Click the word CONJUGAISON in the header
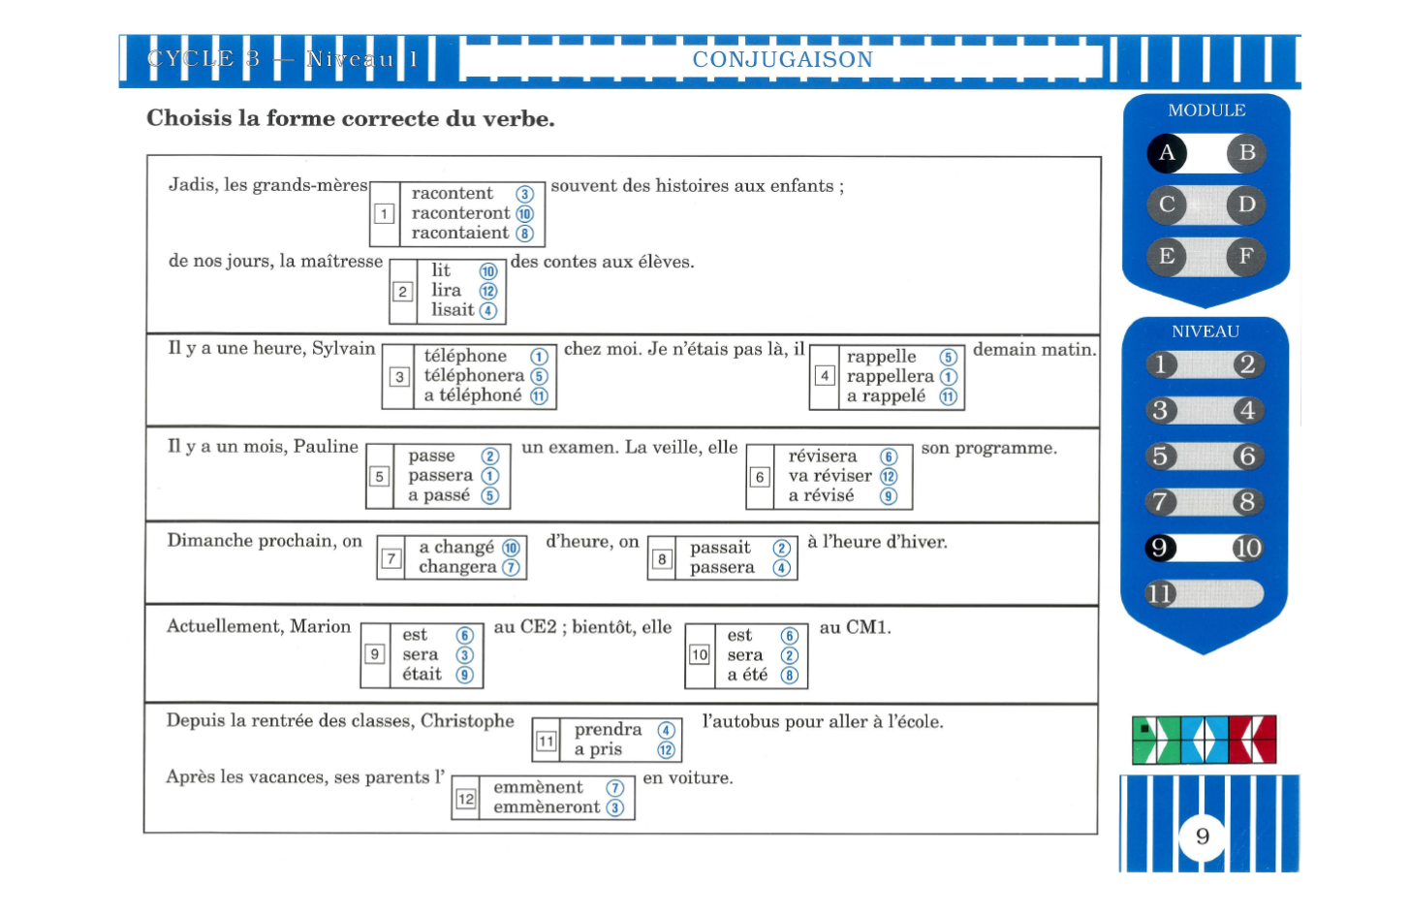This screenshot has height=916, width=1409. click(x=782, y=59)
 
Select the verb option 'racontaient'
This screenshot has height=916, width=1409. click(x=459, y=233)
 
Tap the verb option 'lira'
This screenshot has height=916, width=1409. click(x=446, y=290)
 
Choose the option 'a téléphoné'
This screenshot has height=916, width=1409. click(x=473, y=395)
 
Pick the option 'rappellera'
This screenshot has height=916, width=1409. click(x=890, y=376)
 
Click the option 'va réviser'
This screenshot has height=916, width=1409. click(x=830, y=476)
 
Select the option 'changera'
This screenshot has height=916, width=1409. click(x=457, y=567)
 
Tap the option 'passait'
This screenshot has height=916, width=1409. click(x=720, y=548)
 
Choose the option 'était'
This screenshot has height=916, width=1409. click(x=422, y=674)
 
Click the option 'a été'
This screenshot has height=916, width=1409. click(x=747, y=675)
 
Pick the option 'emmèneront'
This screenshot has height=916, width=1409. click(x=547, y=806)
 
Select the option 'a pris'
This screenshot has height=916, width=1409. click(x=598, y=749)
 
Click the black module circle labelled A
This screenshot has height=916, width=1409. click(x=1167, y=153)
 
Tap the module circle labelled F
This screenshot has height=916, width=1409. click(x=1246, y=257)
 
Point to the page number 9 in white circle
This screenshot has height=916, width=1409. click(x=1202, y=837)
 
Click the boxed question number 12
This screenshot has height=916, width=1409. click(x=465, y=799)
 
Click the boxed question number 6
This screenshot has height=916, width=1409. click(x=760, y=477)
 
